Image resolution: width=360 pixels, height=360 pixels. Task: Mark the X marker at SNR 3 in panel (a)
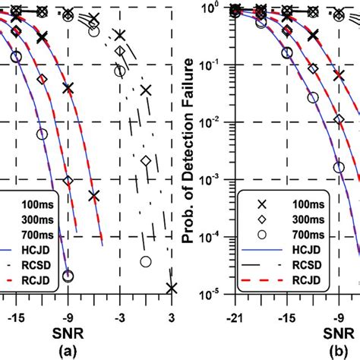coord(172,288)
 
